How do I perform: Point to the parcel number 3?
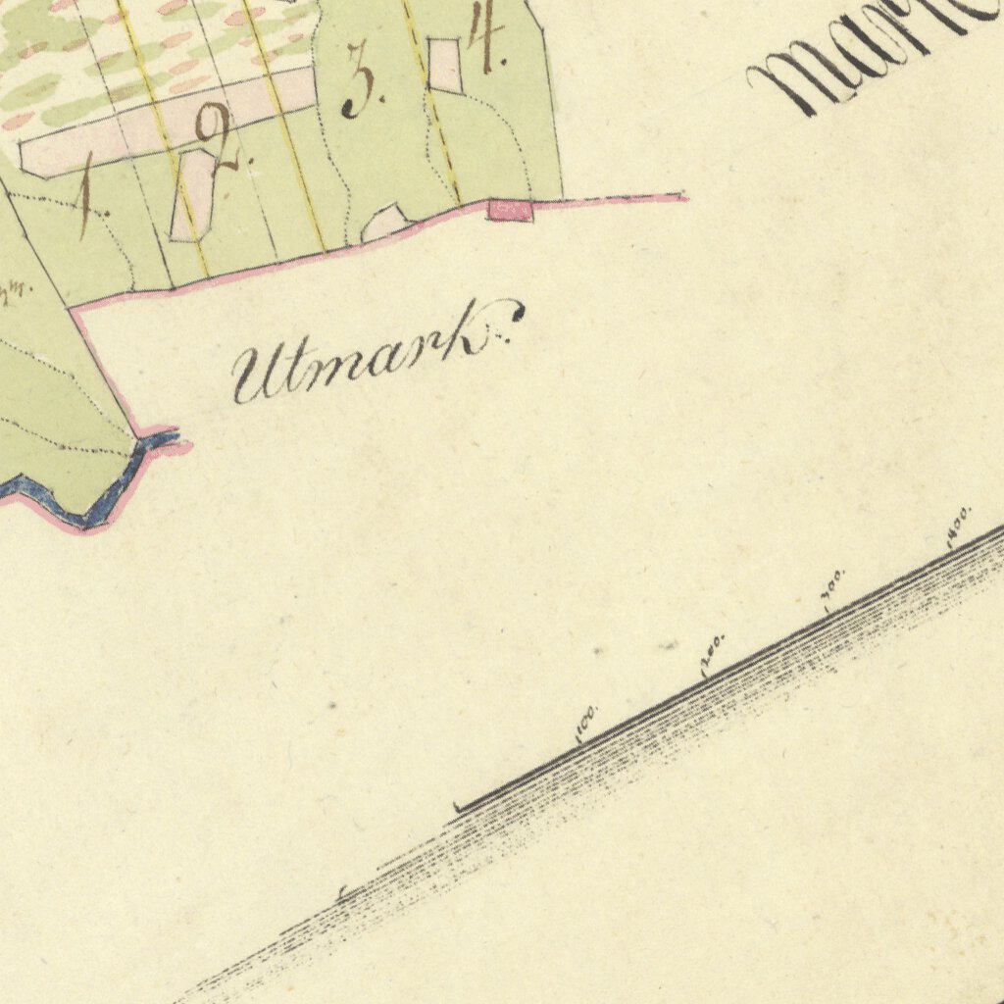click(x=361, y=86)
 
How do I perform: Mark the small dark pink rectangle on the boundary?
click(x=511, y=210)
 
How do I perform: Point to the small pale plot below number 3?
click(x=383, y=223)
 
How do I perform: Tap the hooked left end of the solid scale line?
click(x=458, y=808)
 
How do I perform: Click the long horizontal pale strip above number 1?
click(x=167, y=123)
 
